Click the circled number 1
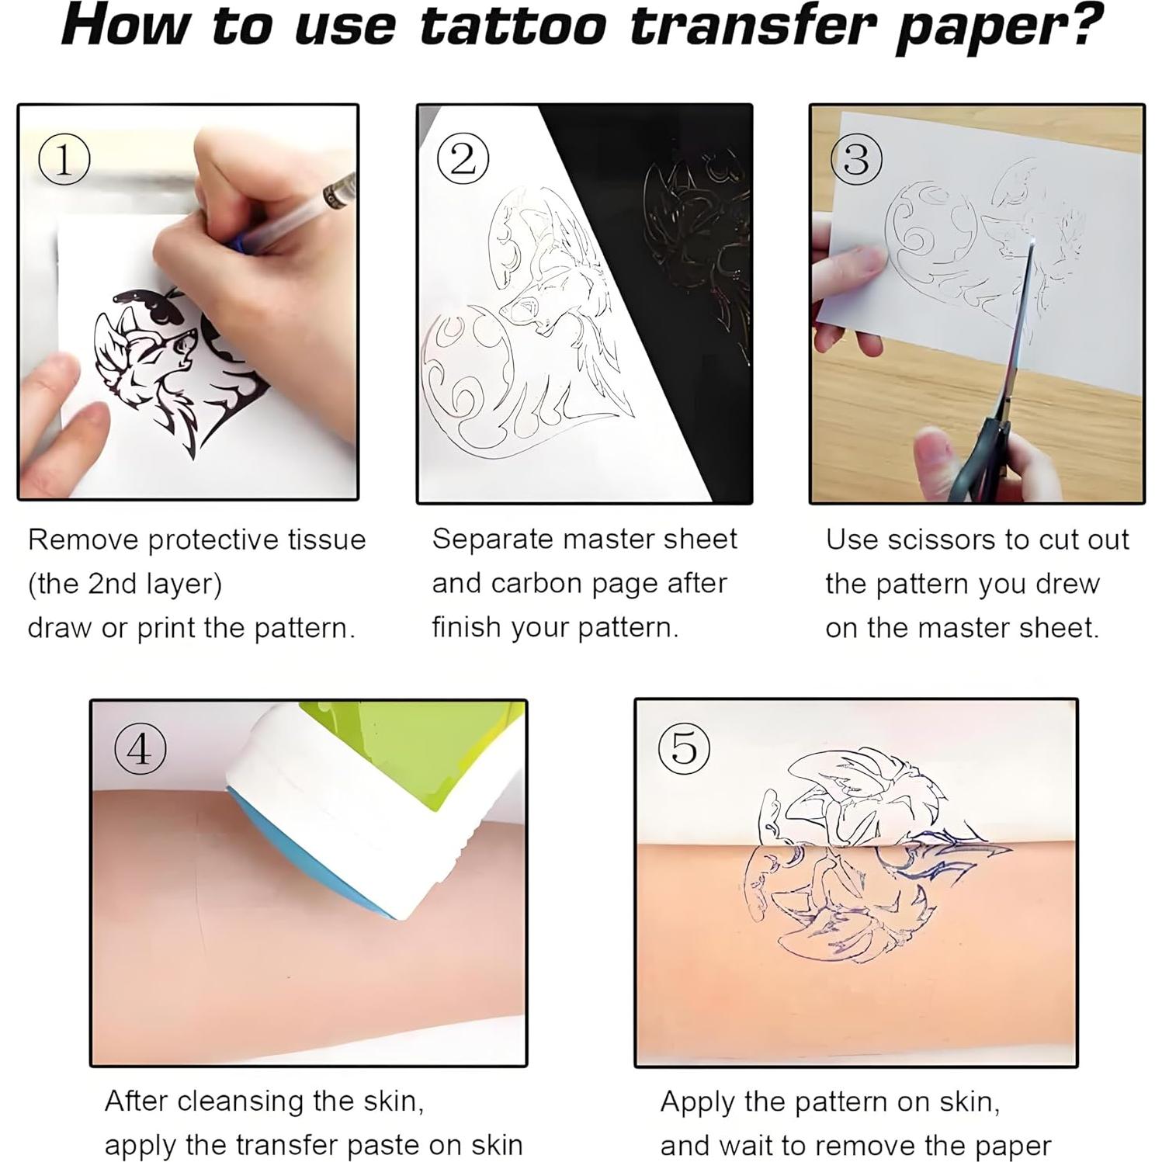point(64,160)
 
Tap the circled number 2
point(463,159)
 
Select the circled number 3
point(855,159)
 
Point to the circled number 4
point(140,750)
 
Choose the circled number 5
point(684,749)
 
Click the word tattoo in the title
point(512,27)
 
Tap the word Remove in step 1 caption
point(83,540)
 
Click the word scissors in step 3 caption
point(943,540)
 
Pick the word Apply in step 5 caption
point(697,1102)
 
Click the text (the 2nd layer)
point(125,584)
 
